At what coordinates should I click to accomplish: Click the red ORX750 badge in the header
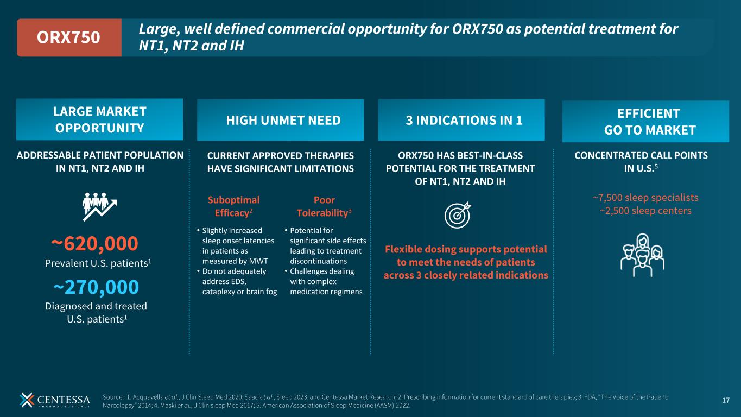point(68,37)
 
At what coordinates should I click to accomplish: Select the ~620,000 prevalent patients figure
point(95,244)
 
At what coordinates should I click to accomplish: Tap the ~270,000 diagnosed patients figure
point(96,287)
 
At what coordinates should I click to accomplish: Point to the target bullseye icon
point(458,214)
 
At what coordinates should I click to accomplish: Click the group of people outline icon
point(642,252)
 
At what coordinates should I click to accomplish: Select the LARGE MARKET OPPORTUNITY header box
point(99,119)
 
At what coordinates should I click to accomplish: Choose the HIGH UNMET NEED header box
point(280,120)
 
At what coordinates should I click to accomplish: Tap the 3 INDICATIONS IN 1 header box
point(461,120)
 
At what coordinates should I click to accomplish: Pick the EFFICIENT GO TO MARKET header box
point(645,122)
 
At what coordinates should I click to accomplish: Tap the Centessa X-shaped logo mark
point(27,400)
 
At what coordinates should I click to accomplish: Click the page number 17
point(726,401)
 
